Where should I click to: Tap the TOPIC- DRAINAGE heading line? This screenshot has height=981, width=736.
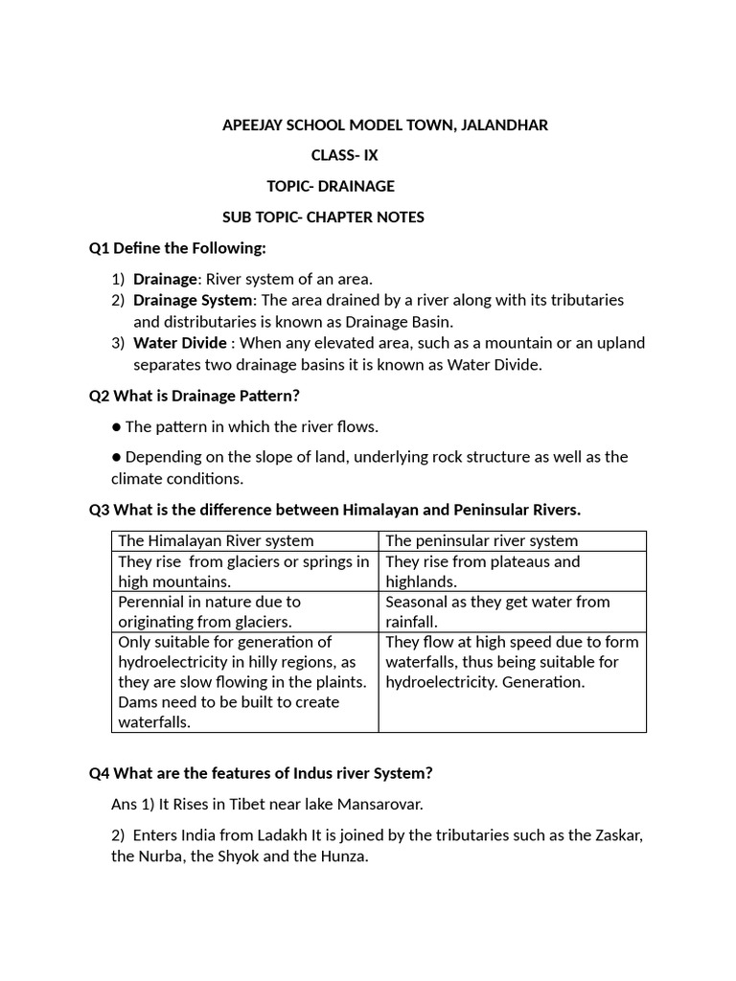331,186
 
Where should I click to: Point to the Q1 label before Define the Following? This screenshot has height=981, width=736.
100,248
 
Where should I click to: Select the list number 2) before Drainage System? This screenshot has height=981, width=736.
118,300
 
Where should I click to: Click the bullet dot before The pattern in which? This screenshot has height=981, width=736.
116,426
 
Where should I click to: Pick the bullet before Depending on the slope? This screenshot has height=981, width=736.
116,457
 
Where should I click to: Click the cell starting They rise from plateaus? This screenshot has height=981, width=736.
512,572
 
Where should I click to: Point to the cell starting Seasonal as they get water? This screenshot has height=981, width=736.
512,612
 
